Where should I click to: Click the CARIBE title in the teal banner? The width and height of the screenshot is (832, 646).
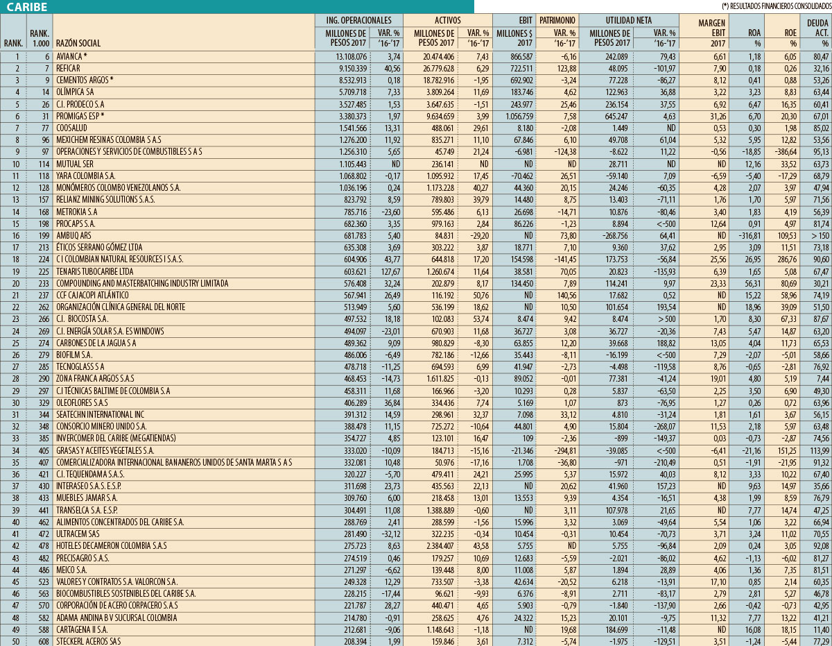(28, 7)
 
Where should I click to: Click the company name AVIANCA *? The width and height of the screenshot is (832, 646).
(71, 56)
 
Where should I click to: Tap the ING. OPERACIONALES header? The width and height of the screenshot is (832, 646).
(358, 20)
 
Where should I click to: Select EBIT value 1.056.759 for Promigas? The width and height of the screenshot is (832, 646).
(515, 116)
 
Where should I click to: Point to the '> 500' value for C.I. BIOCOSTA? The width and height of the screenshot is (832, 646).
(664, 319)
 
